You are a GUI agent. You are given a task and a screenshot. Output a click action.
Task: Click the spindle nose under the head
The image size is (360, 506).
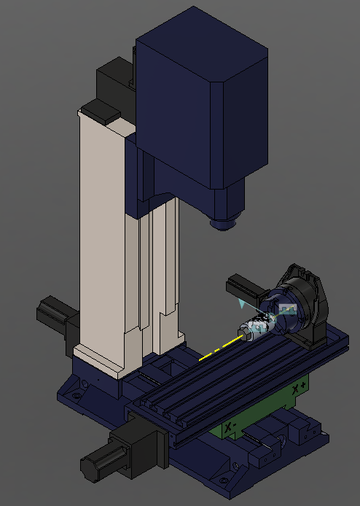pyautogui.click(x=224, y=222)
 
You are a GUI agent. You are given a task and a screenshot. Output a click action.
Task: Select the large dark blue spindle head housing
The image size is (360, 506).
pyautogui.click(x=197, y=109)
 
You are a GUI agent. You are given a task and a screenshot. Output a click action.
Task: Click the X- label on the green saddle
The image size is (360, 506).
pyautogui.click(x=231, y=425)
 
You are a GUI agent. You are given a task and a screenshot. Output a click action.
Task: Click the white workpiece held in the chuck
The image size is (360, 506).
pyautogui.click(x=257, y=327)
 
